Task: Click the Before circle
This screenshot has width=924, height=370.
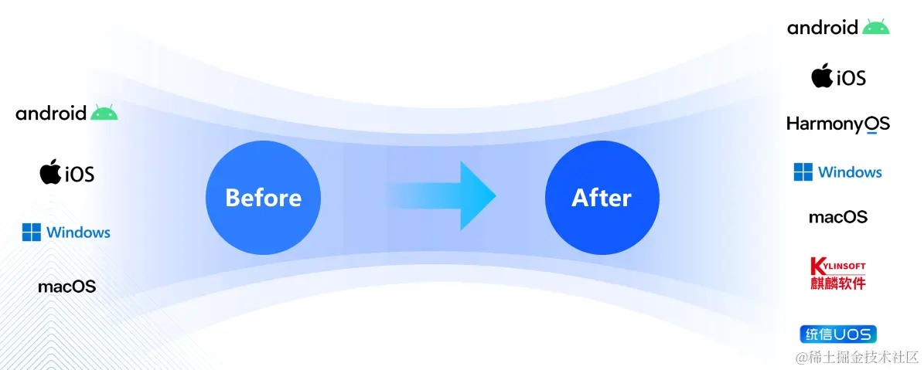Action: click(263, 199)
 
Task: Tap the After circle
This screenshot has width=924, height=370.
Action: click(602, 199)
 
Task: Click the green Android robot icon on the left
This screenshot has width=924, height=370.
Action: click(104, 113)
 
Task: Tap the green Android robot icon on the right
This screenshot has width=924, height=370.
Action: click(876, 27)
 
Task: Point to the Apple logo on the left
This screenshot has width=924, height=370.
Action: click(50, 171)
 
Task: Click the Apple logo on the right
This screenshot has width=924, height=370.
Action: click(821, 76)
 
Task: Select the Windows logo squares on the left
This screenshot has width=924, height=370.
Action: click(32, 232)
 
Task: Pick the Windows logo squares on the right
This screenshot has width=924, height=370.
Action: click(803, 172)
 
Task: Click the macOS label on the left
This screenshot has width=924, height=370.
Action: click(67, 287)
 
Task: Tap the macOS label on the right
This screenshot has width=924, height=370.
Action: click(838, 217)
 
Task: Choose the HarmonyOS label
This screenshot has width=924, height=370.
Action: click(838, 124)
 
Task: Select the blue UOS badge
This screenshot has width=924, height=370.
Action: click(838, 334)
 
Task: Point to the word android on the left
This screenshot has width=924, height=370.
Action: click(51, 114)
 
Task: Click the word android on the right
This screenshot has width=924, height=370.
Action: click(823, 28)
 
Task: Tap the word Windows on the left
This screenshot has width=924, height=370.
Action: click(78, 233)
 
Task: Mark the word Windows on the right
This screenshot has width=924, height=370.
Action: click(850, 172)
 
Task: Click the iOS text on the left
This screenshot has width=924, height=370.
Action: click(79, 174)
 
